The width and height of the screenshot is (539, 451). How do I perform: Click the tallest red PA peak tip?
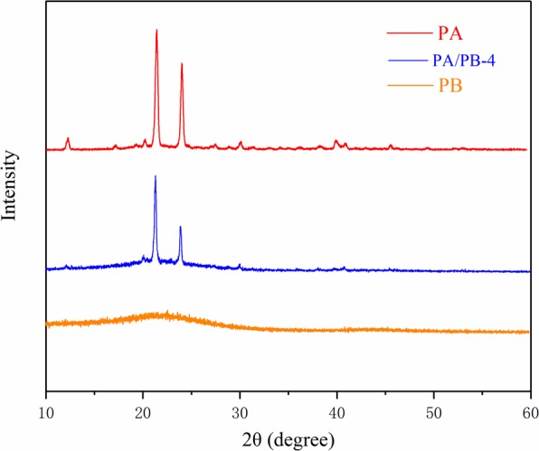point(156,31)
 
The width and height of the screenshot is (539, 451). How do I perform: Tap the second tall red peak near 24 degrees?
point(182,64)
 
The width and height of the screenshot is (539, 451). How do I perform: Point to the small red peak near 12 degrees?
point(68,139)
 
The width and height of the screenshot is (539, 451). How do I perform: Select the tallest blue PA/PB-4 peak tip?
point(156,177)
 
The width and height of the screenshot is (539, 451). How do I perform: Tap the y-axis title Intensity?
point(12,186)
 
